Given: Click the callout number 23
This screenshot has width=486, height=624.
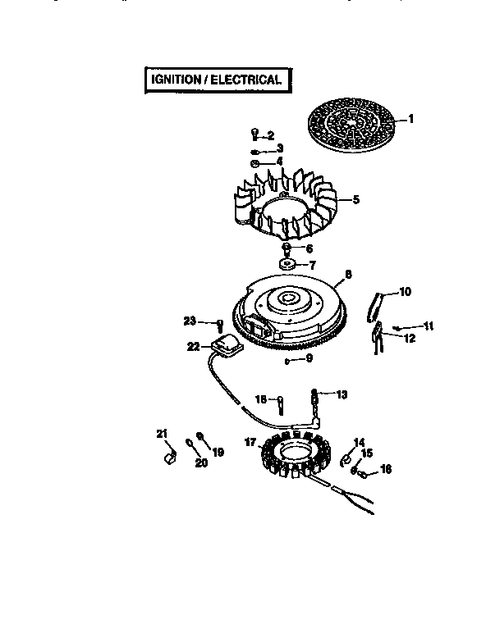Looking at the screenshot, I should (x=190, y=321).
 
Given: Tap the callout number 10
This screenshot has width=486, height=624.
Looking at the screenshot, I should (x=405, y=291).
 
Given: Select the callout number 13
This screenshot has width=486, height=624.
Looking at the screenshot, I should (x=341, y=394).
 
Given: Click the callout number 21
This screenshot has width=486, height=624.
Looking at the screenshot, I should (x=162, y=433).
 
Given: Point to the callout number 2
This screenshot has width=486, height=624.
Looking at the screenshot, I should (x=269, y=134).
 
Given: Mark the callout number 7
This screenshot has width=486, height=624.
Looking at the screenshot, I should (x=310, y=265).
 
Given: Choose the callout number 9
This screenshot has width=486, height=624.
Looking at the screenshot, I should (x=309, y=358).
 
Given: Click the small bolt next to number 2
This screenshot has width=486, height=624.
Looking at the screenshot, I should (x=254, y=134).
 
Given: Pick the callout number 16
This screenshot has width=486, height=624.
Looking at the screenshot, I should (x=386, y=470).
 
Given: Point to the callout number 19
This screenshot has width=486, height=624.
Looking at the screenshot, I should (x=218, y=452).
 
